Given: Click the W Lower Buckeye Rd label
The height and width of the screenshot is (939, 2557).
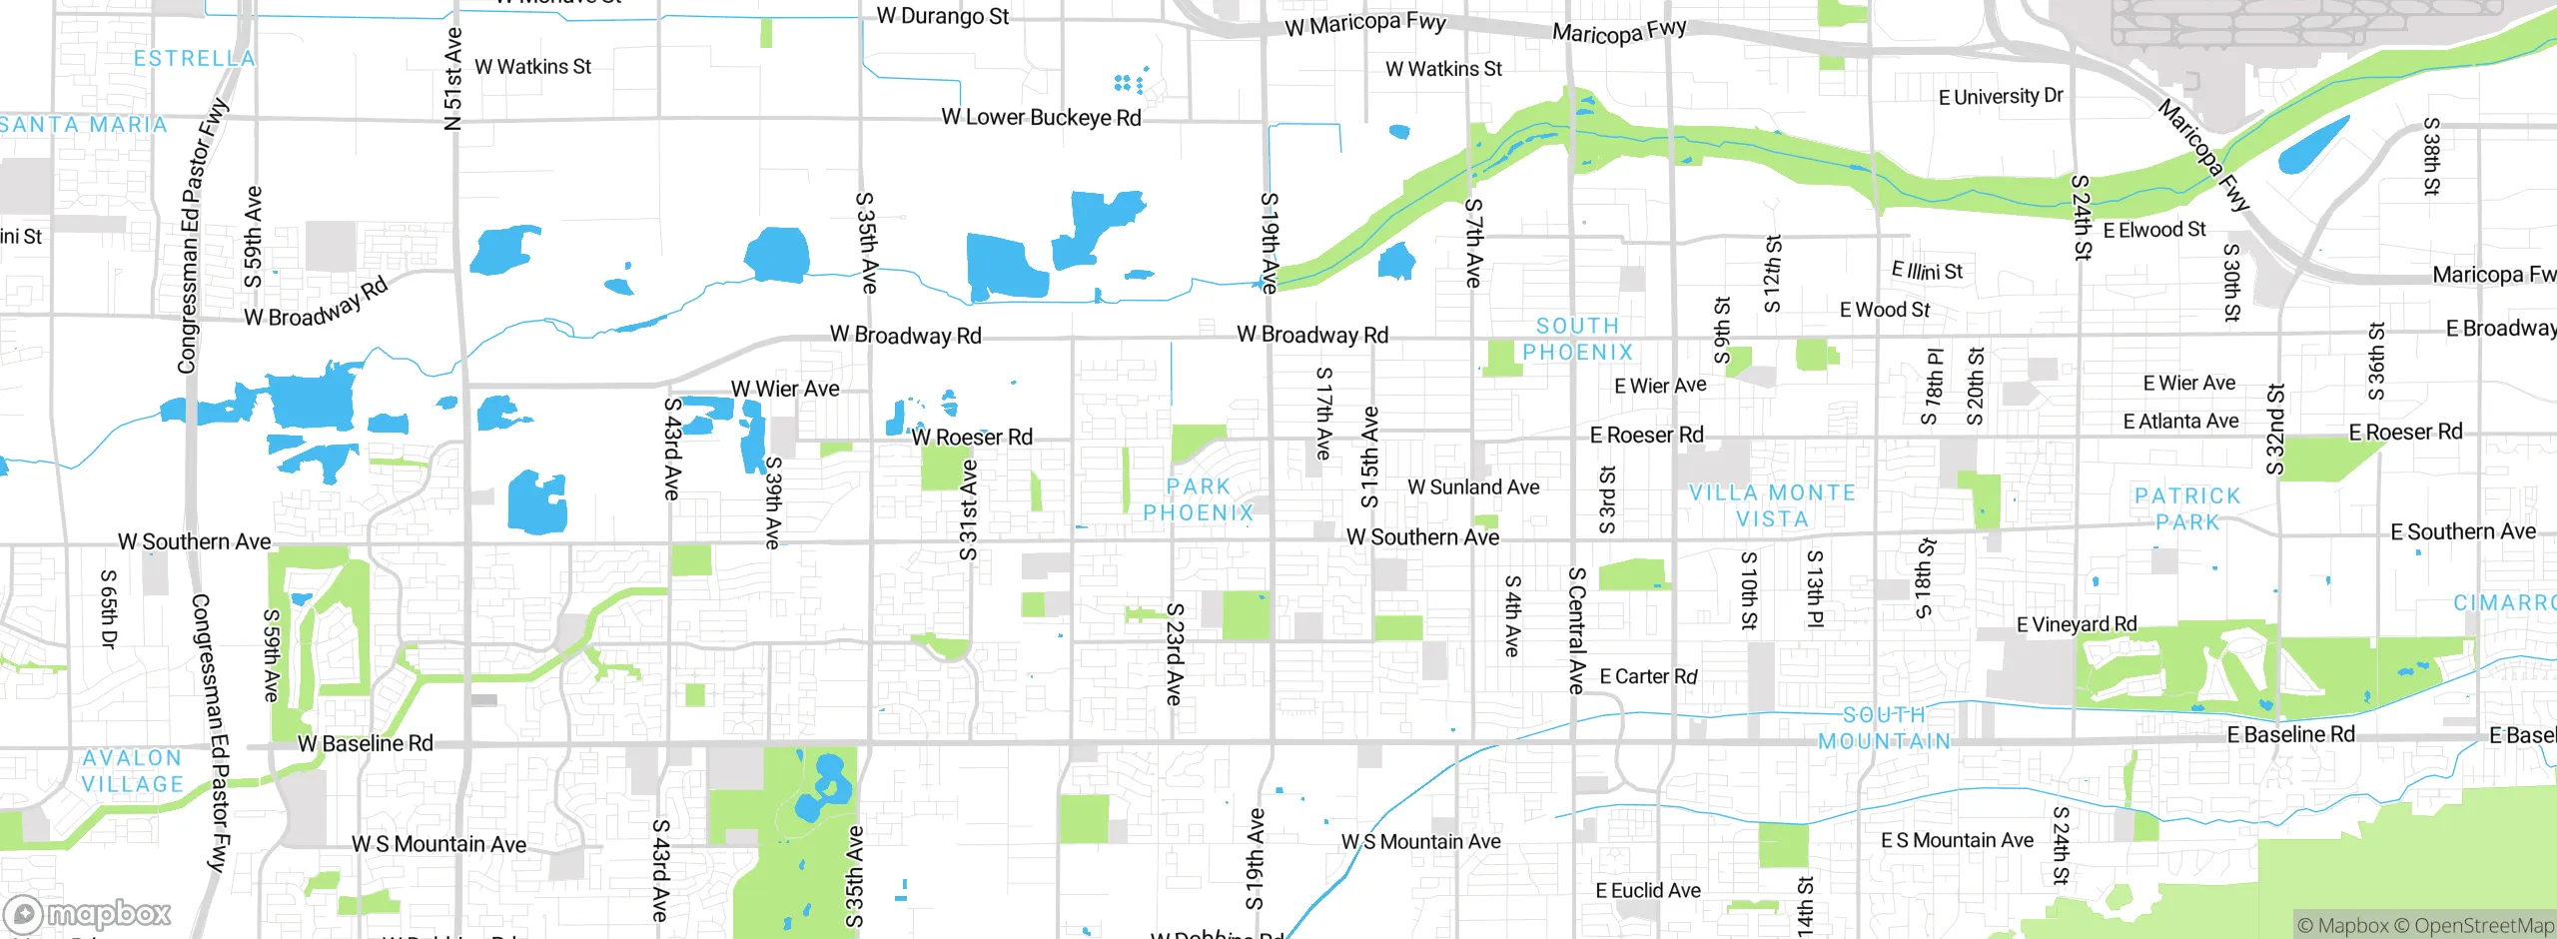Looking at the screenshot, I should click(x=1041, y=118).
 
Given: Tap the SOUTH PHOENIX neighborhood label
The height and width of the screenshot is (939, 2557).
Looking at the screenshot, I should click(x=1577, y=340).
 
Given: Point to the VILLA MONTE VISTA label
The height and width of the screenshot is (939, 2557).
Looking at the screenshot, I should click(x=1772, y=506).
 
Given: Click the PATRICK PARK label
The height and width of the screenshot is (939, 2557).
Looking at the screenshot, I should click(x=2187, y=509).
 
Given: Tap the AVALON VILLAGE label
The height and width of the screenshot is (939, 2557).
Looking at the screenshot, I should click(x=133, y=771).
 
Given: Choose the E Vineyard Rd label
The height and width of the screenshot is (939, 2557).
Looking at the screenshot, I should click(x=2077, y=624).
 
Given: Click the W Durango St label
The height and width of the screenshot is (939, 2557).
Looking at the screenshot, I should click(x=942, y=16).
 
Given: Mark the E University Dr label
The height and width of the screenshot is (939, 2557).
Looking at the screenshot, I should click(x=2000, y=97).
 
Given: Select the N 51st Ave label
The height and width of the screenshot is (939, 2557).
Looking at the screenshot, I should click(x=452, y=80).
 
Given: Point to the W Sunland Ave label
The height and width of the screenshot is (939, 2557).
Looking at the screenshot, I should click(x=1473, y=487).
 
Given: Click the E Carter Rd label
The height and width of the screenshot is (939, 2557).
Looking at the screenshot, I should click(x=1648, y=677).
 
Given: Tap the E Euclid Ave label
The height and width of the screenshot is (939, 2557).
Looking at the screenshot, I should click(x=1647, y=890).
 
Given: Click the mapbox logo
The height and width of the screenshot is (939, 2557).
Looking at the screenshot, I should click(x=88, y=914).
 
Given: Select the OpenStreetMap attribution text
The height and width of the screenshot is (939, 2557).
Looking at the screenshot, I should click(x=2483, y=925).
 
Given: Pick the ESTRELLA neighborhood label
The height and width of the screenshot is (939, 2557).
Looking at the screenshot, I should click(x=195, y=59).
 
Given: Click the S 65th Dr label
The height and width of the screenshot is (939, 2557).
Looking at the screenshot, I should click(x=109, y=609).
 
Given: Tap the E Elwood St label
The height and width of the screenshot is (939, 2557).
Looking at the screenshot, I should click(x=2154, y=231).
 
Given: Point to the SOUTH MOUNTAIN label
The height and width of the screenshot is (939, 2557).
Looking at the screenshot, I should click(x=1884, y=728).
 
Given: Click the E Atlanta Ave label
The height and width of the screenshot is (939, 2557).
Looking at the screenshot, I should click(x=2180, y=422).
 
